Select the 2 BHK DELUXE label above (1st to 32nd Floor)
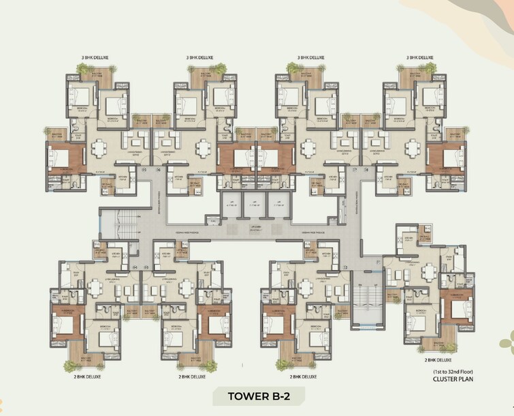point(439,359)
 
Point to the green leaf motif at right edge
point(506,341)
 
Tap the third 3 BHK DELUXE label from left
point(312,58)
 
